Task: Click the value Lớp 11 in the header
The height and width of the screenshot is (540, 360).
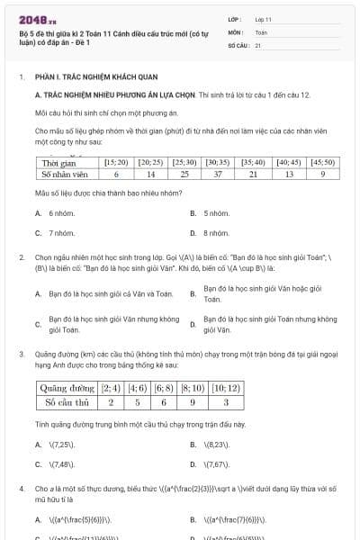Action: pos(263,18)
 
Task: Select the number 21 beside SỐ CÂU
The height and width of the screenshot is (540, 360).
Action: pos(258,44)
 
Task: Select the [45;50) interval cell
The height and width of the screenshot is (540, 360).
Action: pos(321,162)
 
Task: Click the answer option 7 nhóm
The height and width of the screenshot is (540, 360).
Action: pos(56,233)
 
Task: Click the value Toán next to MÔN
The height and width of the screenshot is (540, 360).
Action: pos(261,31)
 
